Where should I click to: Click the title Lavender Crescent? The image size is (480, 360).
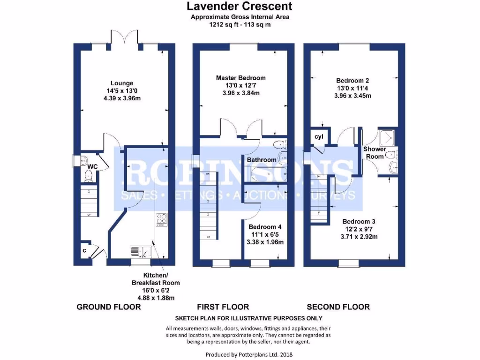pyautogui.click(x=240, y=6)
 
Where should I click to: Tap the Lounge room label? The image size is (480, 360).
pyautogui.click(x=122, y=83)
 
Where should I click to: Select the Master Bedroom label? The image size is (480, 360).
pyautogui.click(x=240, y=78)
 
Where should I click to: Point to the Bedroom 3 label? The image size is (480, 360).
pyautogui.click(x=360, y=221)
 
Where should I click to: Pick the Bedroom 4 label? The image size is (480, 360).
pyautogui.click(x=265, y=227)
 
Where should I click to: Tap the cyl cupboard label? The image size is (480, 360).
pyautogui.click(x=319, y=136)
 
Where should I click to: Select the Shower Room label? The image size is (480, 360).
pyautogui.click(x=375, y=152)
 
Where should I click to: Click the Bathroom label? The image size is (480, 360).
pyautogui.click(x=262, y=160)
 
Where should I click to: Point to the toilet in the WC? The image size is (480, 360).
pyautogui.click(x=88, y=176)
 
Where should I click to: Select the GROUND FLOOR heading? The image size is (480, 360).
pyautogui.click(x=108, y=307)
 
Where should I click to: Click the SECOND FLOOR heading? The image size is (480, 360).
pyautogui.click(x=338, y=307)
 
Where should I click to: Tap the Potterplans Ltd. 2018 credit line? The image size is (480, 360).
pyautogui.click(x=251, y=355)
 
